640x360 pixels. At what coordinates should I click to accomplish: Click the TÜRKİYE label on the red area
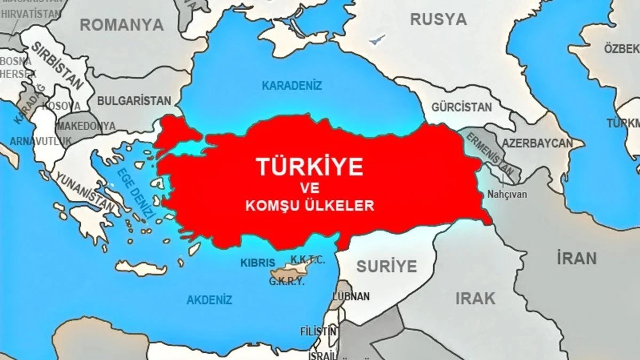[310, 166]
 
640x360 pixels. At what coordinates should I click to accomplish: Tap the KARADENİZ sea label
[292, 85]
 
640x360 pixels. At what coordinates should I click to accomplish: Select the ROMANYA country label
[122, 25]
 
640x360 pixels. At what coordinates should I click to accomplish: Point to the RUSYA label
[438, 20]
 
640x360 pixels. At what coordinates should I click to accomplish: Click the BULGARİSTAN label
[134, 101]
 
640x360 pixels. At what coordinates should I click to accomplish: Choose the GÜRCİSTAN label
[462, 107]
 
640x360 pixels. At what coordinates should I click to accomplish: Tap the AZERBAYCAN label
[537, 143]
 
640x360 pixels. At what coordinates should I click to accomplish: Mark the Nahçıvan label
[507, 194]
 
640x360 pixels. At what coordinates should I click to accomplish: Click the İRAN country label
[577, 259]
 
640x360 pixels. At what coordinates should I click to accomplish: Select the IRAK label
[475, 298]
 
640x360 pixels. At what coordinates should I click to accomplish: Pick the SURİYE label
[387, 266]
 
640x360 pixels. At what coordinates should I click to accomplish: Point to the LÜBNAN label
[351, 296]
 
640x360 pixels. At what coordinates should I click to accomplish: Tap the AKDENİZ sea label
[209, 300]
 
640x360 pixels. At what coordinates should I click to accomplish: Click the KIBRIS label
[258, 263]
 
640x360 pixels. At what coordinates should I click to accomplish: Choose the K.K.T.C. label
[307, 260]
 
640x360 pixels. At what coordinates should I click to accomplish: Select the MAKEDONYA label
[86, 126]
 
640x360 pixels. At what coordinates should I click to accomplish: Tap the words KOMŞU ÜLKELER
[310, 206]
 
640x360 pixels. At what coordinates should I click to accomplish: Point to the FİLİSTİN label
[318, 331]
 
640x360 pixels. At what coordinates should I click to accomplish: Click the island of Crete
[141, 268]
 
